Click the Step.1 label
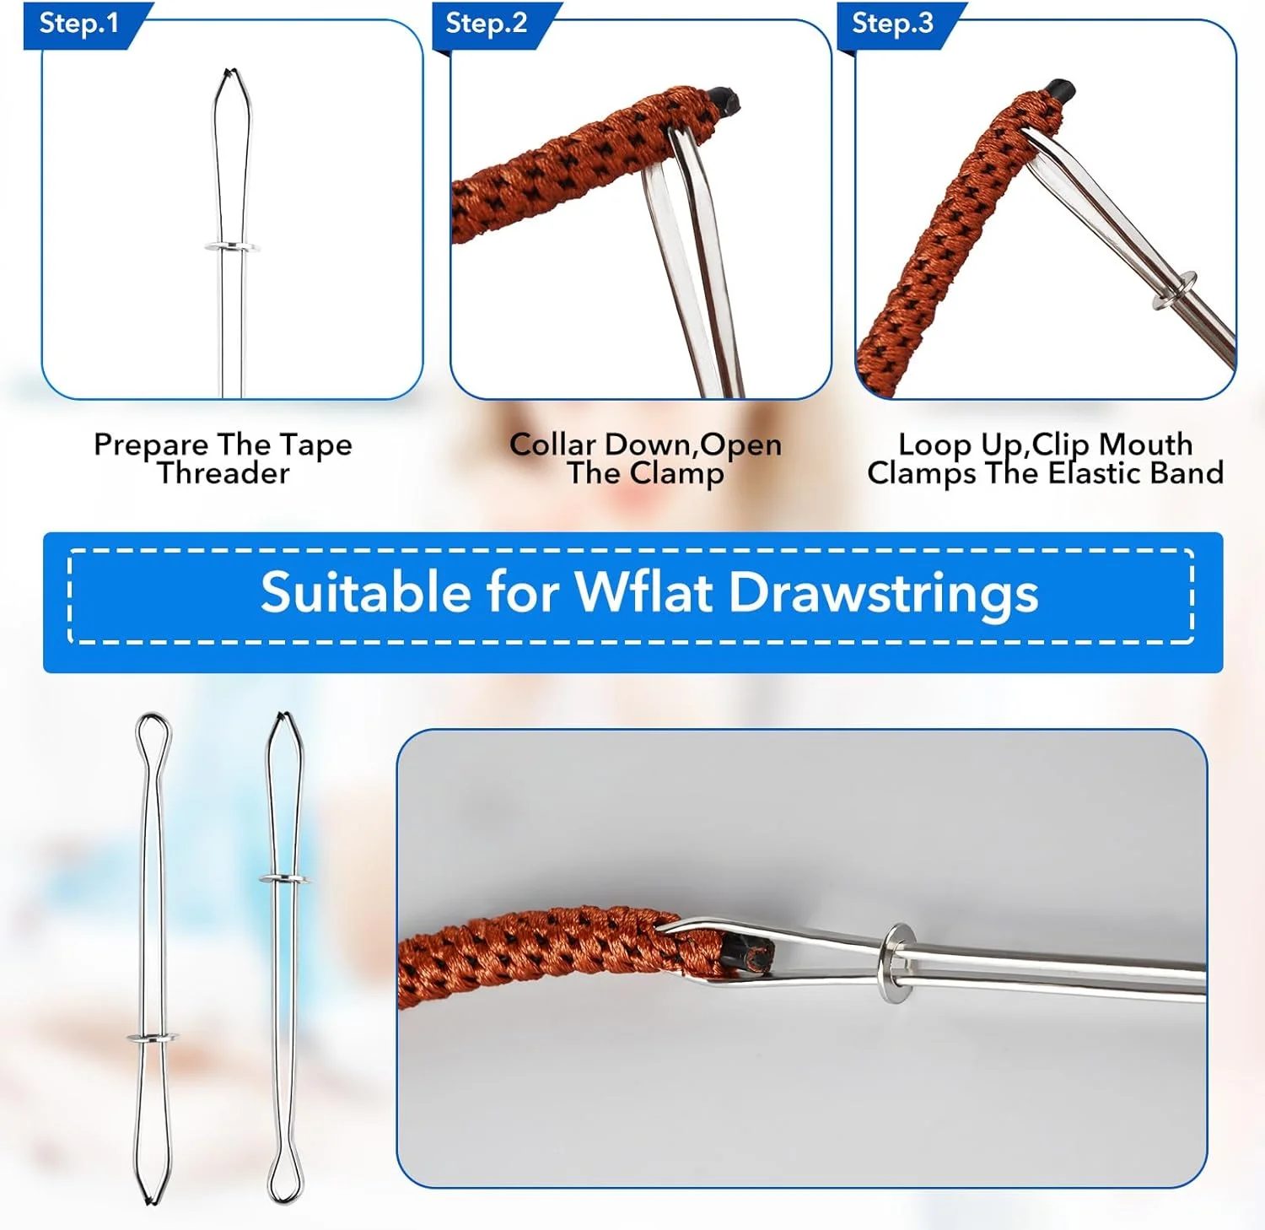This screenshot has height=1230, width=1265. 79,24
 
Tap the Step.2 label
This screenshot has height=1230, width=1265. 487,24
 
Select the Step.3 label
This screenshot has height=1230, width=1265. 893,24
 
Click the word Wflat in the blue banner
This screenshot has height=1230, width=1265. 645,592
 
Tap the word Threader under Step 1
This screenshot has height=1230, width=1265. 223,473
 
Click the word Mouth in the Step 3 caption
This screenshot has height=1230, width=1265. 1146,444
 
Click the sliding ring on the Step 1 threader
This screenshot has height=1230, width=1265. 232,247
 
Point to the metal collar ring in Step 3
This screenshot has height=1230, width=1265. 1175,289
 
